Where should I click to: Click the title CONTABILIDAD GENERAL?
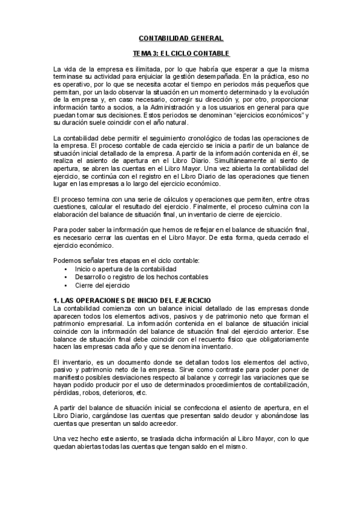click(x=180, y=38)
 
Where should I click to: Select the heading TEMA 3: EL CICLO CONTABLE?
click(x=180, y=53)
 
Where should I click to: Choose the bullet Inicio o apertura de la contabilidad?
click(x=126, y=269)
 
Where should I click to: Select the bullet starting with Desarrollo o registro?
click(x=141, y=277)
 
